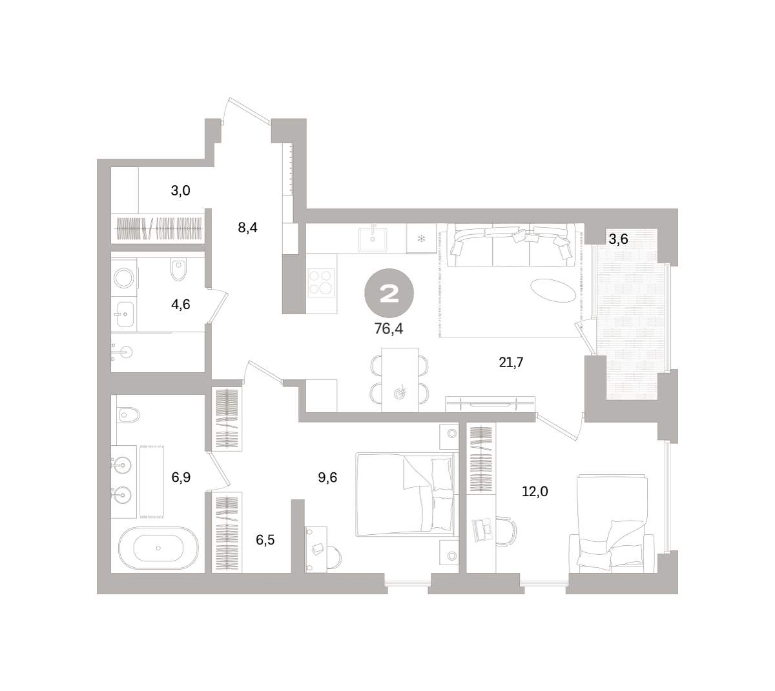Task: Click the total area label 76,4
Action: (388, 328)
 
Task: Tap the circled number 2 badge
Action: (389, 293)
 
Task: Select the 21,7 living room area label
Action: (511, 362)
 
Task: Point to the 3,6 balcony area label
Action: (618, 239)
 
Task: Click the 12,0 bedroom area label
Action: (535, 491)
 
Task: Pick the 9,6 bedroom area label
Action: (327, 477)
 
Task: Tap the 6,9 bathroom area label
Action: (181, 477)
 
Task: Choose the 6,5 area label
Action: (265, 540)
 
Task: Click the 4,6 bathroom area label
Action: (181, 305)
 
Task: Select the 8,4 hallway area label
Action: (247, 228)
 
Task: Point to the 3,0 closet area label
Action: (181, 190)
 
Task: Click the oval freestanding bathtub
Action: (158, 548)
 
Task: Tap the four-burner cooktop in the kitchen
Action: (321, 283)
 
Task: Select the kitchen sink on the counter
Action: (372, 239)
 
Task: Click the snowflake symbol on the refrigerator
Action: (421, 239)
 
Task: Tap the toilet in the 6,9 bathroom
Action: (129, 415)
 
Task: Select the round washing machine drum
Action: (124, 278)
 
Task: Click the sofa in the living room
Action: (511, 245)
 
